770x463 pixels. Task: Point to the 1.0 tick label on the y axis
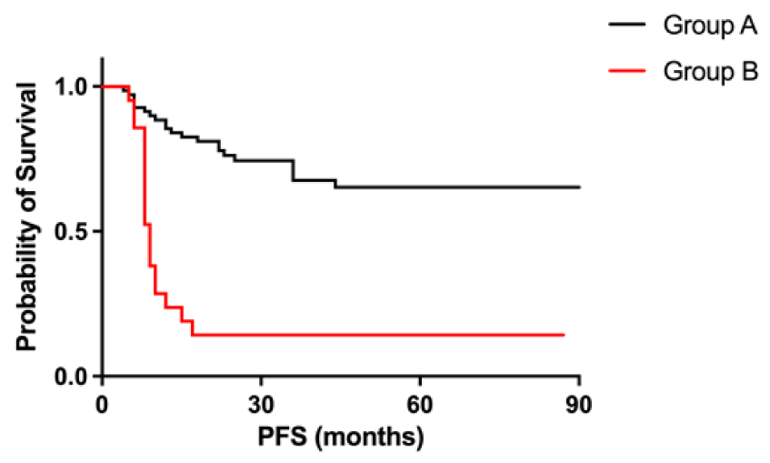click(74, 86)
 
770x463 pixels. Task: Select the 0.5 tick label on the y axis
click(74, 231)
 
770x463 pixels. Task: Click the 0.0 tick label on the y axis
click(74, 376)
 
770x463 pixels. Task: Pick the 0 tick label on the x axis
click(102, 402)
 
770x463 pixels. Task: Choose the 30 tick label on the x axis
click(261, 402)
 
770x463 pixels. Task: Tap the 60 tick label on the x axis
click(420, 402)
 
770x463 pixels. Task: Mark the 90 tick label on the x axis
click(579, 402)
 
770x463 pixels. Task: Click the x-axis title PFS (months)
click(340, 438)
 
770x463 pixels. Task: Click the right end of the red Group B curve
click(564, 335)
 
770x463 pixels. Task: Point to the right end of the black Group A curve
click(579, 187)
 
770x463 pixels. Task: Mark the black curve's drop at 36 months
click(293, 170)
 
